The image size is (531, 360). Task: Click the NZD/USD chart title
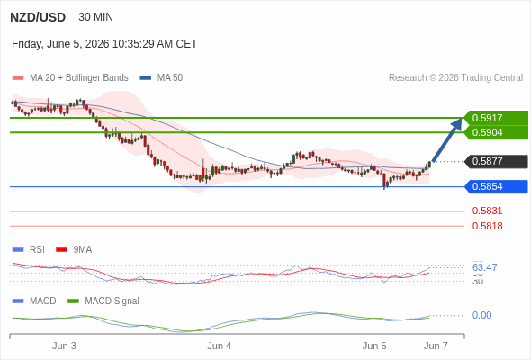(x=38, y=17)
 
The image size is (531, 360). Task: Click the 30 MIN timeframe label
(x=95, y=17)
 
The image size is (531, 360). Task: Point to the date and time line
(x=104, y=44)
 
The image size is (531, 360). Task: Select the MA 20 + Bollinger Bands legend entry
(x=70, y=78)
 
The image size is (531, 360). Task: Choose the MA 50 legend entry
(x=161, y=78)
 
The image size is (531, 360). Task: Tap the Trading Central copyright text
(x=455, y=78)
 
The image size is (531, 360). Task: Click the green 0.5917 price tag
(x=496, y=118)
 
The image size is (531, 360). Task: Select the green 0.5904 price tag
(x=496, y=132)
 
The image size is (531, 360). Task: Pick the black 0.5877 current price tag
(x=496, y=161)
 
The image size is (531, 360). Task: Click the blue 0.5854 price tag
(x=496, y=186)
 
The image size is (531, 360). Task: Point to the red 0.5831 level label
(x=487, y=211)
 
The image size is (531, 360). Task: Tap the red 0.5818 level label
(x=487, y=226)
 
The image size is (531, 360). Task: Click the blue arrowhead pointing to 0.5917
(x=457, y=123)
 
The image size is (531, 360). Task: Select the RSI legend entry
(x=29, y=250)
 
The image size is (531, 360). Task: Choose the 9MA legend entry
(x=74, y=250)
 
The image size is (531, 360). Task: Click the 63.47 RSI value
(x=484, y=267)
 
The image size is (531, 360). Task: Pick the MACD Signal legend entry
(x=103, y=301)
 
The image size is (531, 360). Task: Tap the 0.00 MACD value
(x=481, y=315)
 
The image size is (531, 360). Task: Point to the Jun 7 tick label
(x=436, y=346)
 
